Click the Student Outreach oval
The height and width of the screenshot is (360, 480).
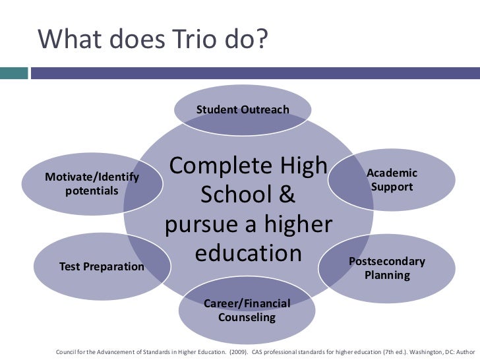tap(242, 109)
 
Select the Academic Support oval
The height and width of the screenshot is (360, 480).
tap(392, 180)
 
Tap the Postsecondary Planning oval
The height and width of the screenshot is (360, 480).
tap(387, 268)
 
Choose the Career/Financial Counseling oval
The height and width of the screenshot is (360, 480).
tap(247, 310)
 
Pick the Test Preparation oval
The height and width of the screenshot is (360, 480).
tap(102, 267)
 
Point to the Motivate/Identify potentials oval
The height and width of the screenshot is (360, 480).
tap(92, 183)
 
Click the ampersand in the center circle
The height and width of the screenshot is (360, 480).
tap(285, 195)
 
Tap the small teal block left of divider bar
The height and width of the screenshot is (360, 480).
tap(14, 73)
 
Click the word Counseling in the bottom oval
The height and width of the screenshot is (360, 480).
tap(247, 317)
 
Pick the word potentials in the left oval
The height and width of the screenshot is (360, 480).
tap(92, 191)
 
